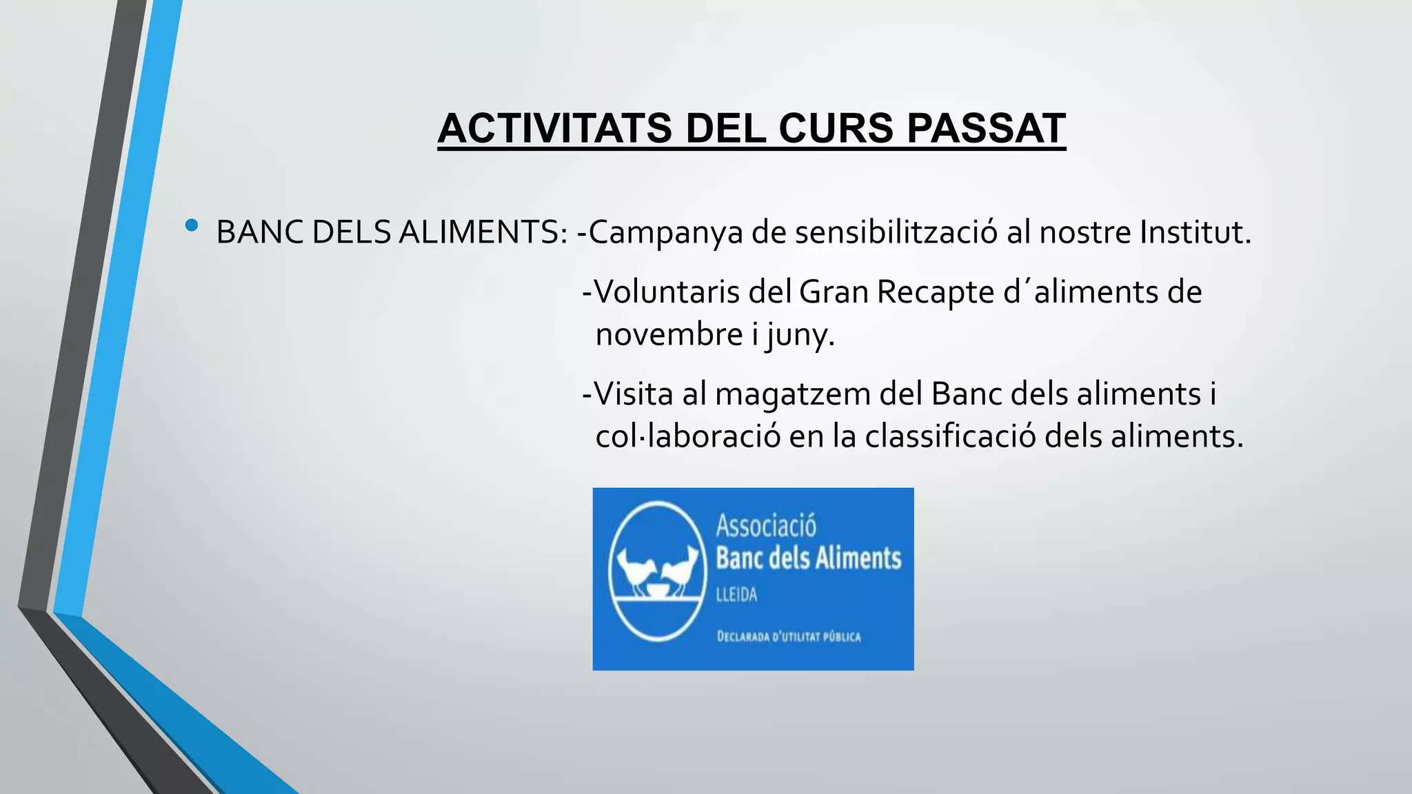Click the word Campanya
click(x=666, y=233)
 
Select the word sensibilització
click(x=896, y=233)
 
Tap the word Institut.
click(x=1195, y=232)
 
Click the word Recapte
click(x=936, y=292)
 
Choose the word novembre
click(x=669, y=335)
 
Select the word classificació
click(x=950, y=436)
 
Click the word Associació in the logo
click(x=765, y=526)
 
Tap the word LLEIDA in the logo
click(x=736, y=594)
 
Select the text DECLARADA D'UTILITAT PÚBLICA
click(x=789, y=636)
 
